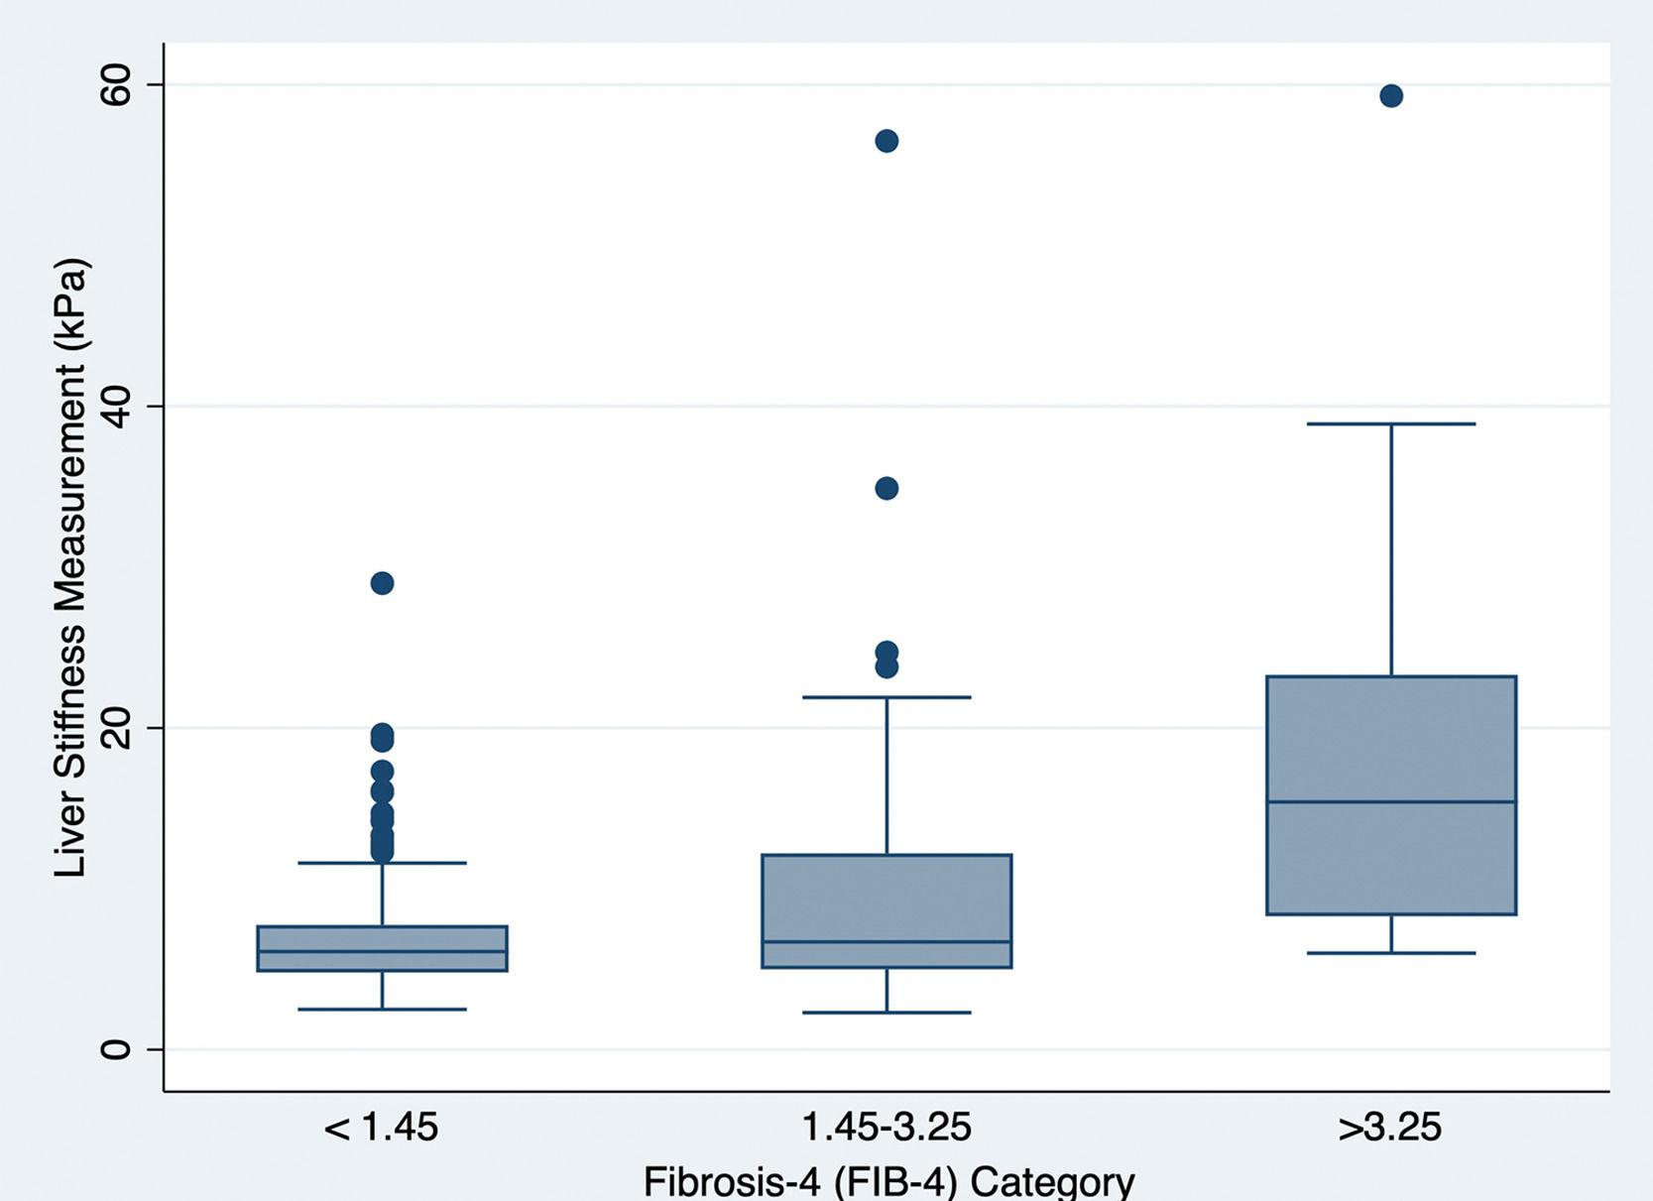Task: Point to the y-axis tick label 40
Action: click(x=116, y=406)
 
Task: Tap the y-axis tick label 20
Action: click(x=116, y=727)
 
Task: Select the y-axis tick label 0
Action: click(x=116, y=1048)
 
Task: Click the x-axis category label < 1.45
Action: click(x=381, y=1128)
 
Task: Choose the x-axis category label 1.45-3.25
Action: click(x=886, y=1128)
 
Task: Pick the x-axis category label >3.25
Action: click(x=1389, y=1128)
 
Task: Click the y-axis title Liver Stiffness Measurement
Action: click(x=71, y=567)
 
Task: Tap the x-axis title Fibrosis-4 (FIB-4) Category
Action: click(x=888, y=1181)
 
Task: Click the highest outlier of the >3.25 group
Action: click(x=1390, y=96)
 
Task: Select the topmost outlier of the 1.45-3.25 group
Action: click(x=886, y=141)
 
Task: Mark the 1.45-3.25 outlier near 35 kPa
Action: click(x=886, y=488)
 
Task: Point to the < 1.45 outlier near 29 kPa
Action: click(x=382, y=583)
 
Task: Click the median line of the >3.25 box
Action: click(x=1390, y=801)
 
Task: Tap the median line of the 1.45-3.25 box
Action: click(x=886, y=941)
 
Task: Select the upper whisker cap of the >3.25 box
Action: click(x=1390, y=424)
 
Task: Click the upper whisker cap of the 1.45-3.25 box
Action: click(x=886, y=697)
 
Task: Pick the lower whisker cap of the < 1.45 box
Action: click(x=382, y=1010)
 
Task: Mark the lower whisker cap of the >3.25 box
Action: click(x=1390, y=953)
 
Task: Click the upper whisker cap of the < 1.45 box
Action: click(x=382, y=863)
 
